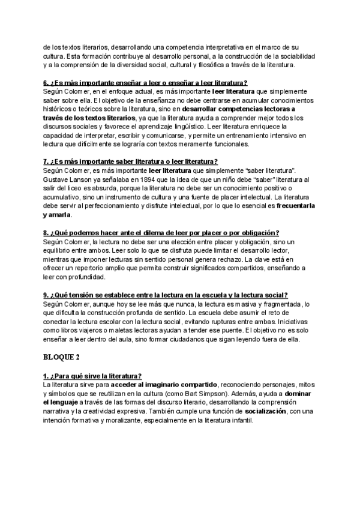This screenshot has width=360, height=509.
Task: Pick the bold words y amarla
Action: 57,214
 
